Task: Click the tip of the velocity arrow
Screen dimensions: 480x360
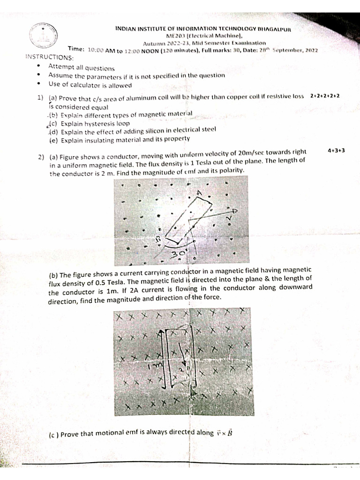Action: pos(236,211)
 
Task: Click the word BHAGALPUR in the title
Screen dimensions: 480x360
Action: pos(276,29)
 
